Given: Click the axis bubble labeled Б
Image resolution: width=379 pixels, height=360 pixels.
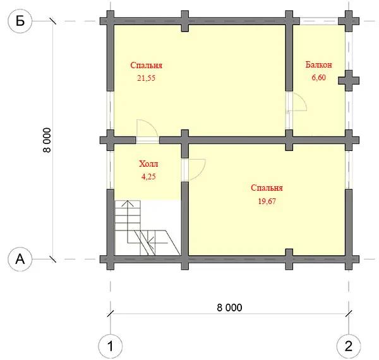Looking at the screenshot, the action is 20,21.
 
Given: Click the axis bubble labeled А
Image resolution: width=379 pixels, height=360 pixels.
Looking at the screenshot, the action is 20,259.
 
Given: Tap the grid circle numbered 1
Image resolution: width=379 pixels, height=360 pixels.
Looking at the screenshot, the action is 110,346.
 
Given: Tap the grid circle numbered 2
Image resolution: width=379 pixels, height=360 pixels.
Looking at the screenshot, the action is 349,346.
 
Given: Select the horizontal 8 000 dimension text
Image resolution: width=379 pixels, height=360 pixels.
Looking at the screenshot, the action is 229,308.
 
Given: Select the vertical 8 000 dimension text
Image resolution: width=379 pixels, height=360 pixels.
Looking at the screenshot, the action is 47,140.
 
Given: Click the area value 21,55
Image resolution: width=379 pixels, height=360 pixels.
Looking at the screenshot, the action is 147,78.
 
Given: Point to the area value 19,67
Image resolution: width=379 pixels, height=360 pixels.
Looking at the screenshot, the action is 267,201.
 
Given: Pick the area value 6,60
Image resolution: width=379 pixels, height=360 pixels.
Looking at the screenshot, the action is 318,77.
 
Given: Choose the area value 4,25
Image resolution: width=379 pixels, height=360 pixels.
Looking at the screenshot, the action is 148,177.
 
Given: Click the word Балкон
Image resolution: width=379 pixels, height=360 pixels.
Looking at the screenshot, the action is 318,65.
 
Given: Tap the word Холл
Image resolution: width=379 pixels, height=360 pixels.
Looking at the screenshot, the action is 148,164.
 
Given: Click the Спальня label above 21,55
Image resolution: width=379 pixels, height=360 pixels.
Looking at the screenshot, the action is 147,65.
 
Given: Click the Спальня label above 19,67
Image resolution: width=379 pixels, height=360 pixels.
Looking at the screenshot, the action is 267,188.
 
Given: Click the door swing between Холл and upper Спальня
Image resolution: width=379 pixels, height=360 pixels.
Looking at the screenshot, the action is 152,124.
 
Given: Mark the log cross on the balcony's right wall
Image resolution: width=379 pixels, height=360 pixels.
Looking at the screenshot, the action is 349,80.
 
